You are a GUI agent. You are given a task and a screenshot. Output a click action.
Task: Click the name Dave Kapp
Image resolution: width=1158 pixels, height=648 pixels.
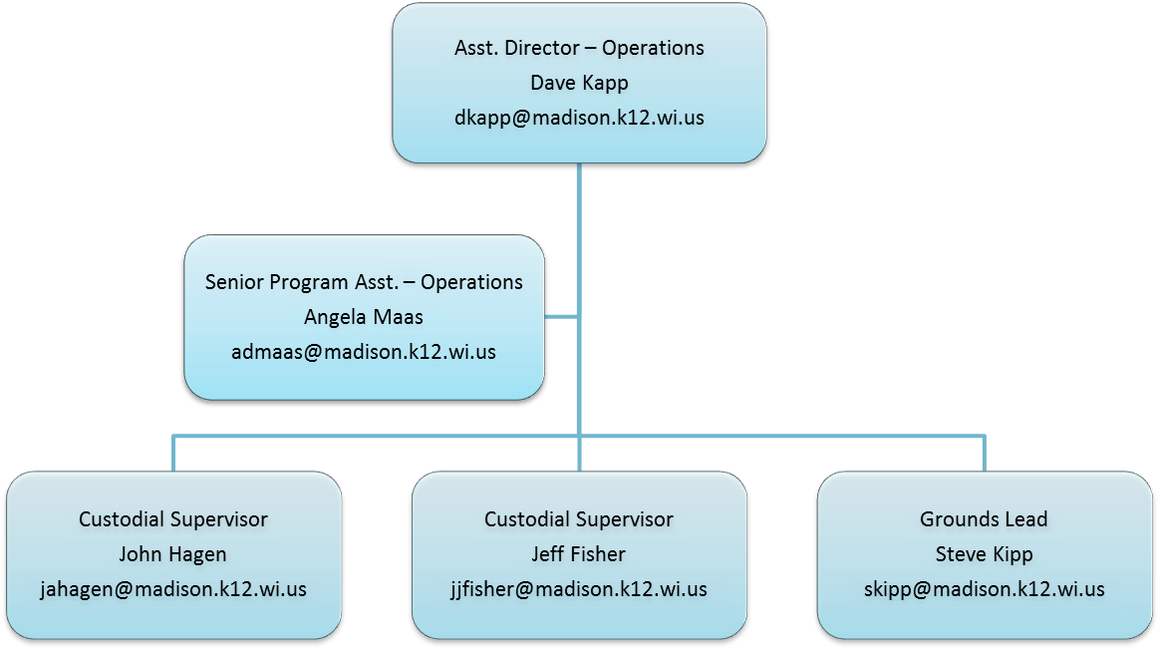[579, 83]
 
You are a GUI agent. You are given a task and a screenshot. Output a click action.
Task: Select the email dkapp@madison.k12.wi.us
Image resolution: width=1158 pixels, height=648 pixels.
[579, 118]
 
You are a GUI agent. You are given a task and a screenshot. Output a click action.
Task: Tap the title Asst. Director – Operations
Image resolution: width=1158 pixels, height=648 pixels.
[579, 48]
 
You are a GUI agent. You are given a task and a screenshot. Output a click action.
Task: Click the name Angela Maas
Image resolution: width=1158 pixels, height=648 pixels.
[364, 317]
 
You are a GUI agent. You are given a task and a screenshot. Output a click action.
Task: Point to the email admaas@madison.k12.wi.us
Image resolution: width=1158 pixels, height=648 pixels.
[364, 352]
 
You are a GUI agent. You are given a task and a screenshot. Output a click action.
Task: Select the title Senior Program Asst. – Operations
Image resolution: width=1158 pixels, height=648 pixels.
[364, 282]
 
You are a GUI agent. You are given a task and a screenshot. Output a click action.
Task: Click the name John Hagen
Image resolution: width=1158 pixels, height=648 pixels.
[173, 554]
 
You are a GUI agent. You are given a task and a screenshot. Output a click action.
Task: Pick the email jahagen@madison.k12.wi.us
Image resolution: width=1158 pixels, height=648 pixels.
[173, 589]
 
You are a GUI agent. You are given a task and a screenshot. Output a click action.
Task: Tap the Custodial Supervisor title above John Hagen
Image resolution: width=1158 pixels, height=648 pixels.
[173, 519]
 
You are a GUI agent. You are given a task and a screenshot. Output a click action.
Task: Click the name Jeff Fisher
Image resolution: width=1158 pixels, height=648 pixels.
[579, 554]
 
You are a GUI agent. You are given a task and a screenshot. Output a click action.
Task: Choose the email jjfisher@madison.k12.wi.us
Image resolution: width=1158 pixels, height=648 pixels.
[579, 589]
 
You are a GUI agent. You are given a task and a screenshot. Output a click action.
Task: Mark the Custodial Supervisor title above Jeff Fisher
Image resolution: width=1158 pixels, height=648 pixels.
[579, 519]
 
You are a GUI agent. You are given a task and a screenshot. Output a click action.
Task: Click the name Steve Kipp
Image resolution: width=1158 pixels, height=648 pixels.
[984, 554]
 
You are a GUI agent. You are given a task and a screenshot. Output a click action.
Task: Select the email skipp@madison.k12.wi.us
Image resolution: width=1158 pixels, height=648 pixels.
[984, 589]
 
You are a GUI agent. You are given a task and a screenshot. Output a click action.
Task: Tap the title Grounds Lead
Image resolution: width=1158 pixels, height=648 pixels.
[984, 519]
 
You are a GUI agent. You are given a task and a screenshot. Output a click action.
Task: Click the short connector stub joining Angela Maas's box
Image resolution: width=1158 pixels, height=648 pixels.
[561, 317]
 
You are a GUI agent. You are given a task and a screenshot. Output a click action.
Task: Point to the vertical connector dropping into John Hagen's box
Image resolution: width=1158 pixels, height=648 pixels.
[173, 454]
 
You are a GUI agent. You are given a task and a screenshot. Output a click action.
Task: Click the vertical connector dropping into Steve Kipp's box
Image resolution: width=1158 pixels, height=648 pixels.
[984, 454]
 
